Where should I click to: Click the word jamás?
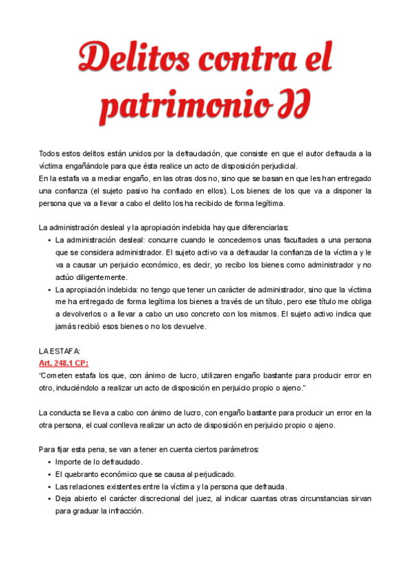pos(67,326)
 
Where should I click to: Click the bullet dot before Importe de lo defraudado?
pos(49,462)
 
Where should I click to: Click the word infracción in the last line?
pos(124,511)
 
